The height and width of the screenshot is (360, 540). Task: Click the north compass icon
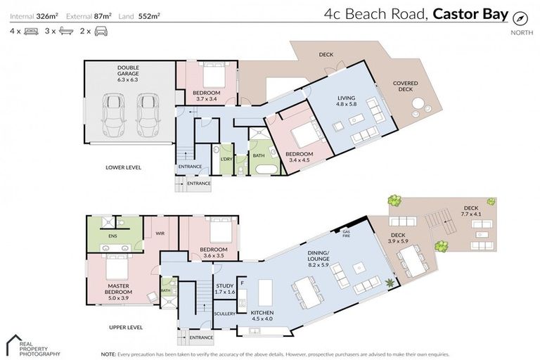pos(520,19)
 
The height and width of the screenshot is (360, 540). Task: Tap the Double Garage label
pos(128,74)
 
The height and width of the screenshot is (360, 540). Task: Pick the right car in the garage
pos(148,115)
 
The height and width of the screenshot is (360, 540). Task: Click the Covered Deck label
pos(405,86)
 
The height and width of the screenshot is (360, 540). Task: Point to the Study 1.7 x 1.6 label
pos(225,289)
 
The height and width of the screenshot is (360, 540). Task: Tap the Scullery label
pos(225,314)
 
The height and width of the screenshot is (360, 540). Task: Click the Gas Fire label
pos(345,233)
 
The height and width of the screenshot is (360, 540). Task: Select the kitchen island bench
pos(266,291)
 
